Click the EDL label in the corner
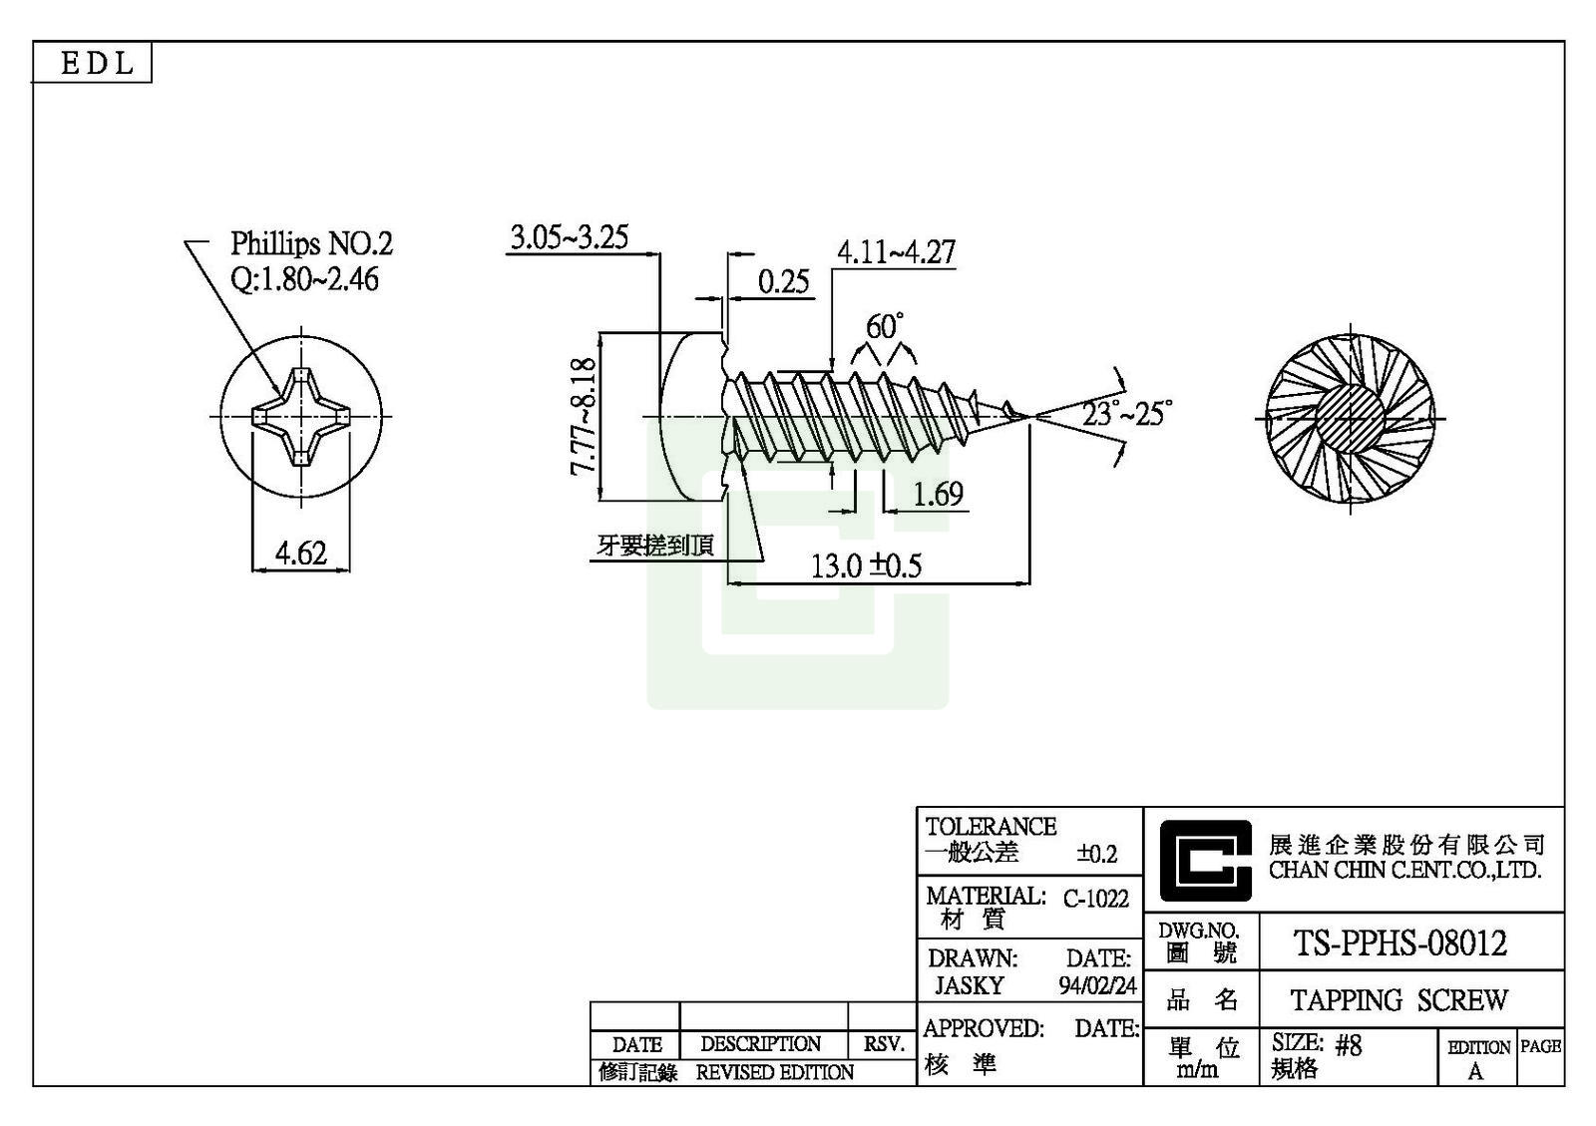point(97,64)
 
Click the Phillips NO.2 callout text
point(311,243)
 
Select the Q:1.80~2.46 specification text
point(304,278)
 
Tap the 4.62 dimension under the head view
point(300,553)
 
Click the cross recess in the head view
point(300,416)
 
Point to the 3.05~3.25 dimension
point(569,237)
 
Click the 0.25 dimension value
point(783,282)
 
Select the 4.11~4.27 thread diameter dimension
point(895,252)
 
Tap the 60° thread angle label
point(884,326)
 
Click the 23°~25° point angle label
point(1126,412)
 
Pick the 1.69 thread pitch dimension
point(937,494)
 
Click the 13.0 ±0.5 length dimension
point(865,566)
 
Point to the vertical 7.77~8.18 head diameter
point(584,416)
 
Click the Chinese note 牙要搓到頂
point(655,546)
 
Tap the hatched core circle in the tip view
point(1350,417)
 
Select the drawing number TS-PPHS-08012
point(1399,942)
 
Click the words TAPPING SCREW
point(1398,999)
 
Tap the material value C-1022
point(1095,899)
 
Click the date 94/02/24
point(1097,985)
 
